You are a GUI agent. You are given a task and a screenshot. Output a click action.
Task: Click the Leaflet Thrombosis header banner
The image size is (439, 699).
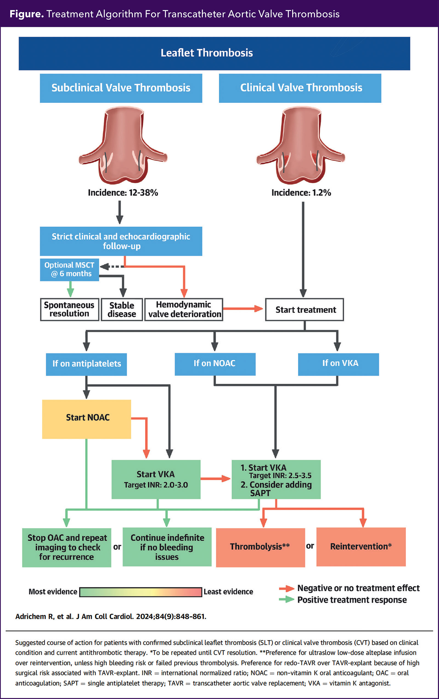(x=214, y=54)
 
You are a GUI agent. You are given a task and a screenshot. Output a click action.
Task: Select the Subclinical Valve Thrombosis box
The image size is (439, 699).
(x=121, y=88)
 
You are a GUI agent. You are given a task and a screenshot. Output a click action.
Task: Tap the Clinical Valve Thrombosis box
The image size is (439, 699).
(x=300, y=88)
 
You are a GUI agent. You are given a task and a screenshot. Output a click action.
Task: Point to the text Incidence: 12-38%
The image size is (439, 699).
(x=123, y=193)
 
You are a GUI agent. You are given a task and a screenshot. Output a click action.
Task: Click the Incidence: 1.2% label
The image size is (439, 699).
(x=301, y=193)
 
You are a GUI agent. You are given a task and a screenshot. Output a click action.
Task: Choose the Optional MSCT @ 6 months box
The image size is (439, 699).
(x=69, y=270)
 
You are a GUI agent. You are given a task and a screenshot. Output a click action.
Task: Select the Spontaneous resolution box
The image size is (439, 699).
(x=69, y=310)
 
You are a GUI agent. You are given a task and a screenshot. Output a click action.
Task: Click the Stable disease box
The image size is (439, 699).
(x=122, y=310)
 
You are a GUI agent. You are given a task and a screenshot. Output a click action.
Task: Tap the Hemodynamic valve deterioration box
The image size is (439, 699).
(x=184, y=310)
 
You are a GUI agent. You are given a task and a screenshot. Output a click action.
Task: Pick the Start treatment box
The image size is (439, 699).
(x=304, y=310)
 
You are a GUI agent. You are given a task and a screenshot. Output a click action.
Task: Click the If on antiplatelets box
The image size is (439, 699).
(x=86, y=364)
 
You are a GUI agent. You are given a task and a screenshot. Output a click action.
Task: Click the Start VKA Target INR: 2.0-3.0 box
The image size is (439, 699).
(x=156, y=479)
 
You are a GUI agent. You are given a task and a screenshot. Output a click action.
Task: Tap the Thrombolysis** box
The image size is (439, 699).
(x=260, y=547)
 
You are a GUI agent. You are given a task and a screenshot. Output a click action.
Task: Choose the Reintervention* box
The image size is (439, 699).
(x=361, y=547)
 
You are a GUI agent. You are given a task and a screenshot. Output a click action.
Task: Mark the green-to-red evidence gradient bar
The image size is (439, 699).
(x=141, y=592)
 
